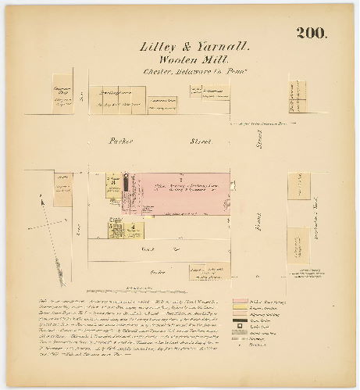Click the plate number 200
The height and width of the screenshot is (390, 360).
pyautogui.click(x=312, y=34)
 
